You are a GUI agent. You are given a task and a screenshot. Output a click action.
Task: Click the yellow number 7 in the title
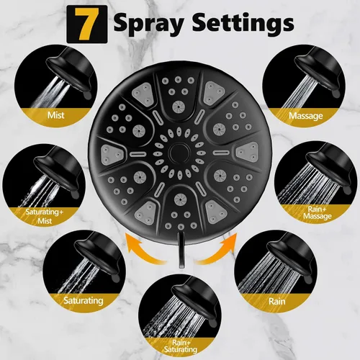coord(87,24)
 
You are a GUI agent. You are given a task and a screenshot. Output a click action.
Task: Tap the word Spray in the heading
coord(149,24)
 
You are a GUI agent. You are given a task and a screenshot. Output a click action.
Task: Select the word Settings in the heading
coord(243,23)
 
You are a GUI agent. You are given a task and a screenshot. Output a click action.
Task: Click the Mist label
coord(55,115)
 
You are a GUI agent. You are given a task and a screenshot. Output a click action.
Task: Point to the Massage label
coord(306,116)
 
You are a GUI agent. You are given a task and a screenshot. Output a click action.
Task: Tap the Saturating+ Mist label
coord(45,216)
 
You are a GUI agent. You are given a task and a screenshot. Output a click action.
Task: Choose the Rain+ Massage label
coord(318,212)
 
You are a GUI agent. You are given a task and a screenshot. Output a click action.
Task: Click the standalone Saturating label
coord(84,300)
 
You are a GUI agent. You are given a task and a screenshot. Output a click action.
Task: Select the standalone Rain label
coord(277,301)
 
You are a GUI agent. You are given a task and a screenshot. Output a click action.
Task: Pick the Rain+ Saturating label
coord(181,346)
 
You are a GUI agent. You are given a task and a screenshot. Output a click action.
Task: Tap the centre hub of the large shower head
coord(179,153)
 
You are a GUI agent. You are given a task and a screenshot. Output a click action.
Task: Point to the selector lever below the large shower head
coord(181,250)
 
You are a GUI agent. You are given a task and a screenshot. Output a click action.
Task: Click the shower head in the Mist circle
coord(70,71)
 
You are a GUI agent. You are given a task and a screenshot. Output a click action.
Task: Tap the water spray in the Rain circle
coord(266,274)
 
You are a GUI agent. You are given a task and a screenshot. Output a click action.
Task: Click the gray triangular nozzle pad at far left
coord(113,153)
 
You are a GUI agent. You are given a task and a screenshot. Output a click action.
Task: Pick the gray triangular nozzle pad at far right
coord(247,152)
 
